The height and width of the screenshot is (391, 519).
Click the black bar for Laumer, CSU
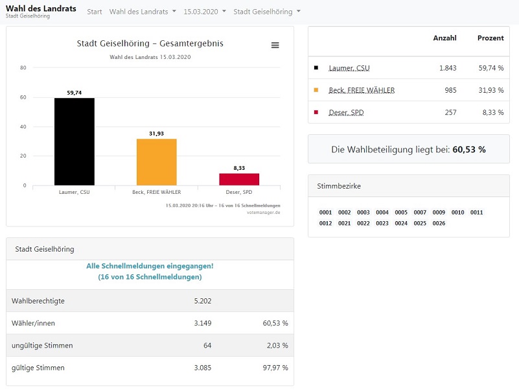click(75, 141)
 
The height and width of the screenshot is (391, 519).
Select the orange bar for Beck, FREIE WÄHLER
click(157, 162)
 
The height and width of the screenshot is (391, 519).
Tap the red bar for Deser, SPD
click(239, 179)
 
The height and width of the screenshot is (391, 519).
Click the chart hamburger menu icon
click(275, 45)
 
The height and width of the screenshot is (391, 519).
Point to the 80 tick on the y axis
click(23, 67)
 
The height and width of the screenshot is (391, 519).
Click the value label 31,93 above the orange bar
click(156, 134)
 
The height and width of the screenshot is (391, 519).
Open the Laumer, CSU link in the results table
click(349, 68)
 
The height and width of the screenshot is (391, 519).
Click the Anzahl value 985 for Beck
click(450, 90)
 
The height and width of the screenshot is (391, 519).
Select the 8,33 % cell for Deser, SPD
click(493, 112)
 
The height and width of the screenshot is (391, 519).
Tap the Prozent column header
click(490, 38)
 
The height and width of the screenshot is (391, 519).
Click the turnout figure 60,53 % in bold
click(469, 149)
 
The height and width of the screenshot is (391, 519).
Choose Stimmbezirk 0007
click(420, 213)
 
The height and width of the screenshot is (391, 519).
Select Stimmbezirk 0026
click(439, 223)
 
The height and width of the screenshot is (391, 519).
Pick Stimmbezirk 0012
click(325, 223)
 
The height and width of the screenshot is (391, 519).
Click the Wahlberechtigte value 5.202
click(203, 301)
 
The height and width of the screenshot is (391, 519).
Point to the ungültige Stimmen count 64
click(207, 345)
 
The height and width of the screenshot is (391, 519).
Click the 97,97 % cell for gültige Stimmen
click(275, 368)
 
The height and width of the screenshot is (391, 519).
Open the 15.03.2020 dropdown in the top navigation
click(205, 12)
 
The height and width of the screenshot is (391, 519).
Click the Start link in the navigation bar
click(95, 12)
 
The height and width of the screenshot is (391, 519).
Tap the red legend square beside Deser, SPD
click(316, 112)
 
